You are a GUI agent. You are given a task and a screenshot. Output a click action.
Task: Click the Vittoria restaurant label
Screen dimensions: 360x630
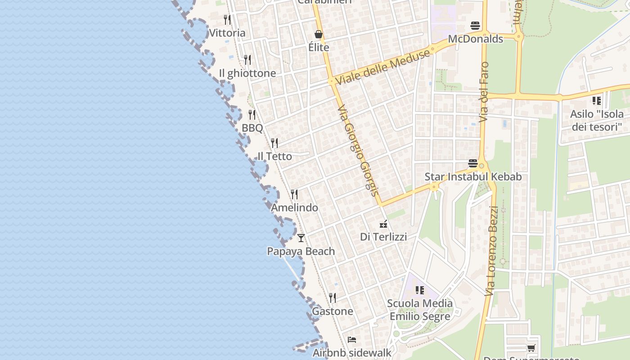point(227,33)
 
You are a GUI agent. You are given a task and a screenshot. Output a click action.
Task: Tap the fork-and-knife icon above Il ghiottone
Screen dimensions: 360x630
point(247,59)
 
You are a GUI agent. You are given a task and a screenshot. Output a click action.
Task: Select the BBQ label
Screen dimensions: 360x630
point(252,128)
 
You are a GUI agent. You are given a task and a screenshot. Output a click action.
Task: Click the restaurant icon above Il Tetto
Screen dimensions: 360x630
point(274,143)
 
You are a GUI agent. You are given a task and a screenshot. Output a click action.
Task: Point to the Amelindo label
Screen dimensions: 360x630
point(294,207)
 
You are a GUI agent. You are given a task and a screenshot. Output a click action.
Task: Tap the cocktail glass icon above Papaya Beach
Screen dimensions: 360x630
point(301,238)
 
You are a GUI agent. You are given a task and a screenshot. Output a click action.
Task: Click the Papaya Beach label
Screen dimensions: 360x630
point(301,251)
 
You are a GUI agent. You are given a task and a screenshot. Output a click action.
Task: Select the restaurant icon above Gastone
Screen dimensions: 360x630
point(332,297)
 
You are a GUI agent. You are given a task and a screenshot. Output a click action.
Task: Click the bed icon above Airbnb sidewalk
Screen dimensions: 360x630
point(352,340)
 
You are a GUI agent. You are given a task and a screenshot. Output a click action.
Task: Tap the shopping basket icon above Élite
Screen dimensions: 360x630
point(319,34)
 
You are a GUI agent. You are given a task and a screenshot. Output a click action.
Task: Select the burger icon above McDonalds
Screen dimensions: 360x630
point(475,25)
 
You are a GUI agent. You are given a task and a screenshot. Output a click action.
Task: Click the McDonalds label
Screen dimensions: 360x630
point(475,39)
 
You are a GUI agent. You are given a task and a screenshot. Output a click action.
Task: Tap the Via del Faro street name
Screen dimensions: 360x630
point(484,92)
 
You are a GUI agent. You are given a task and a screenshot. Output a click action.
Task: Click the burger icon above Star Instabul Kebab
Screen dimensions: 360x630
point(472,163)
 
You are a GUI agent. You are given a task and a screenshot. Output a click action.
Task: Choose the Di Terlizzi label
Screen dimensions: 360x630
point(383,237)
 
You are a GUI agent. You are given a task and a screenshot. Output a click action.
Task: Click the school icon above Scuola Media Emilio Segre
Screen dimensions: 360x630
point(419,290)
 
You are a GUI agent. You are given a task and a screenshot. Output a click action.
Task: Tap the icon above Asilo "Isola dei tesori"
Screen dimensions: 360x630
point(597,101)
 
